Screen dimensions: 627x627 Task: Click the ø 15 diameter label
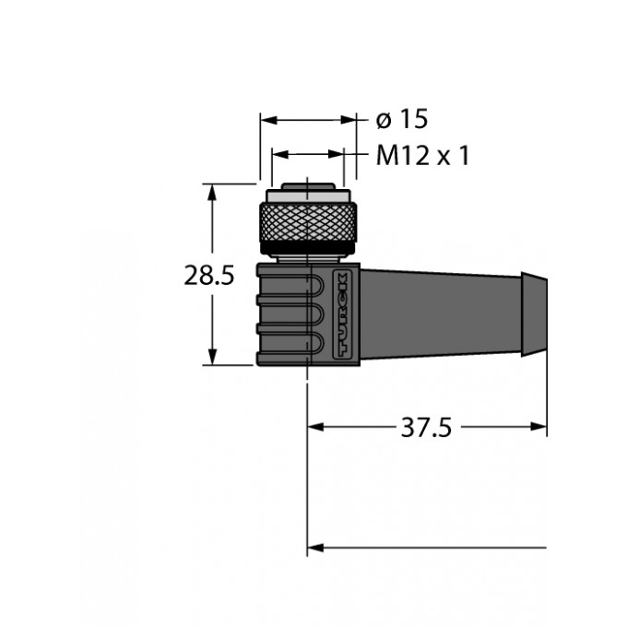click(401, 119)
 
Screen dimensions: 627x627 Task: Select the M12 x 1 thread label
click(422, 156)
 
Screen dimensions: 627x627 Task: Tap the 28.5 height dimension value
click(208, 276)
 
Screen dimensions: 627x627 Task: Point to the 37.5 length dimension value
click(426, 428)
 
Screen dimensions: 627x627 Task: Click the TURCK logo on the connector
click(342, 314)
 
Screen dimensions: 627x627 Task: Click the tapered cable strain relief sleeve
click(441, 314)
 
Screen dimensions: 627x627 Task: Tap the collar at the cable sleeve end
click(534, 314)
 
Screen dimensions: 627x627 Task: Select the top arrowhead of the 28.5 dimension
click(212, 193)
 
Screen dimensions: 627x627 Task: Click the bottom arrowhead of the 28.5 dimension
click(212, 357)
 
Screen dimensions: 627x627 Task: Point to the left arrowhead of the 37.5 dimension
click(315, 427)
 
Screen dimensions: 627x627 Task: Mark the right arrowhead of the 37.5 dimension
click(538, 427)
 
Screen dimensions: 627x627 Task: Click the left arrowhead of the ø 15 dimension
click(268, 120)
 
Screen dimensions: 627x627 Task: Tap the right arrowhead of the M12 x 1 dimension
click(336, 154)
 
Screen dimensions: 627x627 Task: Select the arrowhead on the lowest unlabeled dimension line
click(315, 548)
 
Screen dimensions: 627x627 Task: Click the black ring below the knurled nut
click(308, 248)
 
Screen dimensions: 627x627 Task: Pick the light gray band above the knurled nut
click(307, 195)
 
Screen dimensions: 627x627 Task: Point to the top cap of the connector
click(308, 186)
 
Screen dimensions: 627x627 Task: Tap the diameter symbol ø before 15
click(384, 121)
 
